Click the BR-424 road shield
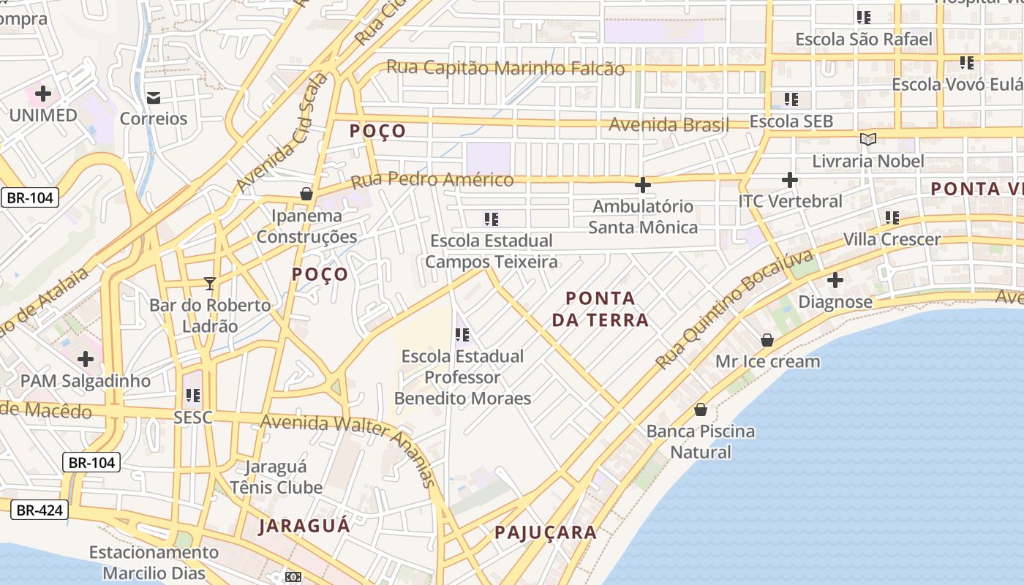click(40, 510)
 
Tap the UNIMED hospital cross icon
click(43, 94)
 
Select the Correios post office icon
click(154, 97)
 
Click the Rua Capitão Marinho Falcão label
click(505, 68)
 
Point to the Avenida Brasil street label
click(669, 124)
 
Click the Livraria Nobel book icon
click(868, 139)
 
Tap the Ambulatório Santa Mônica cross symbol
click(642, 185)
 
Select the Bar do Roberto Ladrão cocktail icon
click(210, 283)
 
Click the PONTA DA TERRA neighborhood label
click(601, 309)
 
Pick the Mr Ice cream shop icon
click(767, 340)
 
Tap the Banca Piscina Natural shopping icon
click(700, 409)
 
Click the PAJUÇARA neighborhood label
click(546, 532)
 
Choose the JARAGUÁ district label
click(304, 526)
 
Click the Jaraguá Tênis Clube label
click(276, 477)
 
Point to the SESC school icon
click(192, 396)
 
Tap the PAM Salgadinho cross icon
click(86, 359)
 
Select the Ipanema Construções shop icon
click(306, 194)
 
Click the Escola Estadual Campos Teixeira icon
click(491, 219)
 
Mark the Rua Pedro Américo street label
click(432, 180)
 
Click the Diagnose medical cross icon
click(835, 280)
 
